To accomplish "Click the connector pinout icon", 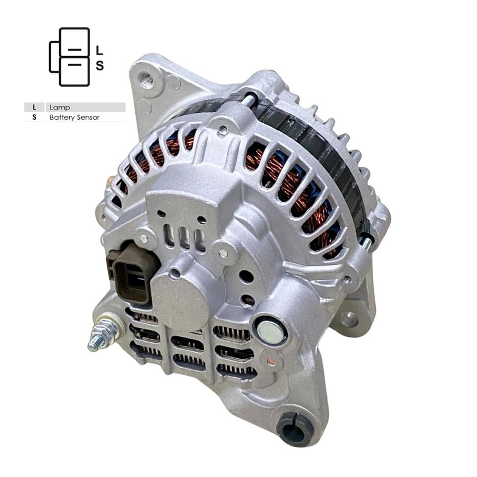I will (70, 57).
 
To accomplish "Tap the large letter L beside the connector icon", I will (99, 50).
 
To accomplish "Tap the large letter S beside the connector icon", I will (99, 66).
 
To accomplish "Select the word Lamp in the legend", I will (60, 107).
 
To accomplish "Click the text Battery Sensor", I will (75, 118).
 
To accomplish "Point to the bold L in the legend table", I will (34, 107).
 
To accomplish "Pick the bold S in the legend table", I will (34, 118).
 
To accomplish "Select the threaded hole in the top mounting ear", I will (146, 79).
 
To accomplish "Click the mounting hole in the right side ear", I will (349, 319).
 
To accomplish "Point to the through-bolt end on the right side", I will (368, 240).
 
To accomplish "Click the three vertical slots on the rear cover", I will (185, 239).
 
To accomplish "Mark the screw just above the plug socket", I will (144, 238).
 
